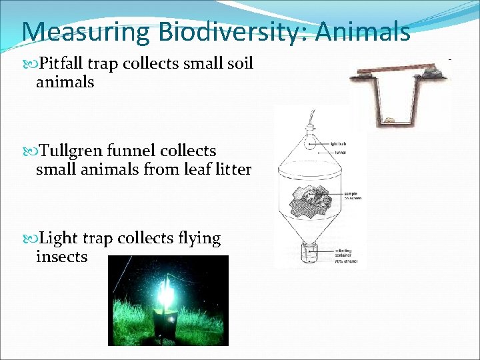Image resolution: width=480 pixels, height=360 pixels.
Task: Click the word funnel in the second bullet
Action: click(137, 151)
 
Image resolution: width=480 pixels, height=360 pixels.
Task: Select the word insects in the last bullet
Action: click(61, 257)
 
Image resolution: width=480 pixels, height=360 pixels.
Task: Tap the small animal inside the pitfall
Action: click(388, 121)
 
